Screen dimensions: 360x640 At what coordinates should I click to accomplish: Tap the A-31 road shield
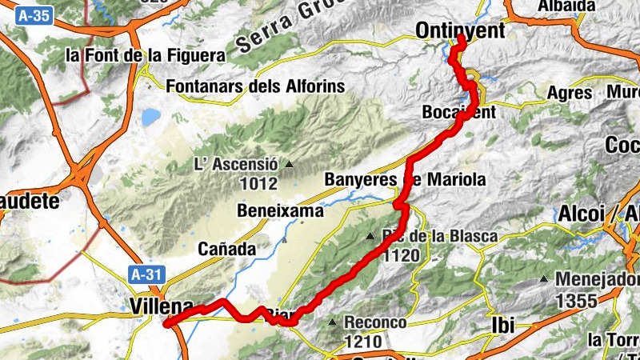[x=146, y=274]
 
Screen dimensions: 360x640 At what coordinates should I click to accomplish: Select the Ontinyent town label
[x=461, y=30]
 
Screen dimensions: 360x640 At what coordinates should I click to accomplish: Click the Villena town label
[x=161, y=306]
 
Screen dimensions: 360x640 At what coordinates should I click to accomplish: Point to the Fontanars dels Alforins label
[x=254, y=86]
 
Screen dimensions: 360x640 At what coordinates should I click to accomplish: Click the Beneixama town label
[x=281, y=211]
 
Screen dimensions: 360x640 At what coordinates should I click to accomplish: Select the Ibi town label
[x=501, y=325]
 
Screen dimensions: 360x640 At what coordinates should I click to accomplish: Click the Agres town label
[x=569, y=93]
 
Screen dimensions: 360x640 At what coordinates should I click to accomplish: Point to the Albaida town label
[x=567, y=6]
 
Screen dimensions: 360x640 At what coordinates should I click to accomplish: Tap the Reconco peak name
[x=375, y=322]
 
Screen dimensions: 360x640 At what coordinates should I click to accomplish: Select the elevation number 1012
[x=258, y=184]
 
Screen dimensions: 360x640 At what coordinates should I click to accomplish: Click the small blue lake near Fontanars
[x=150, y=118]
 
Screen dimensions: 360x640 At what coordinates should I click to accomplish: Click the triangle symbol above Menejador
[x=544, y=279]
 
